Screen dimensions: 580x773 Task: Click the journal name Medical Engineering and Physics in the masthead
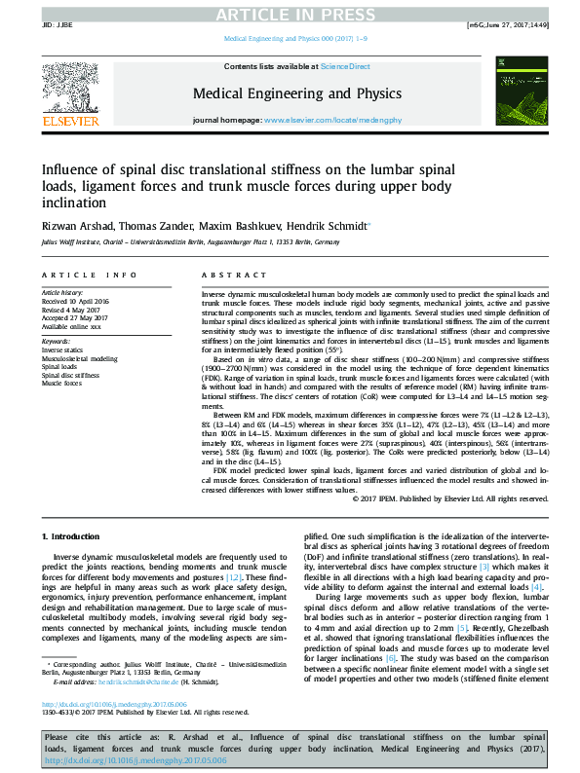point(297,93)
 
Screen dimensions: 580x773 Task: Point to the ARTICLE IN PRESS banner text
point(289,14)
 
